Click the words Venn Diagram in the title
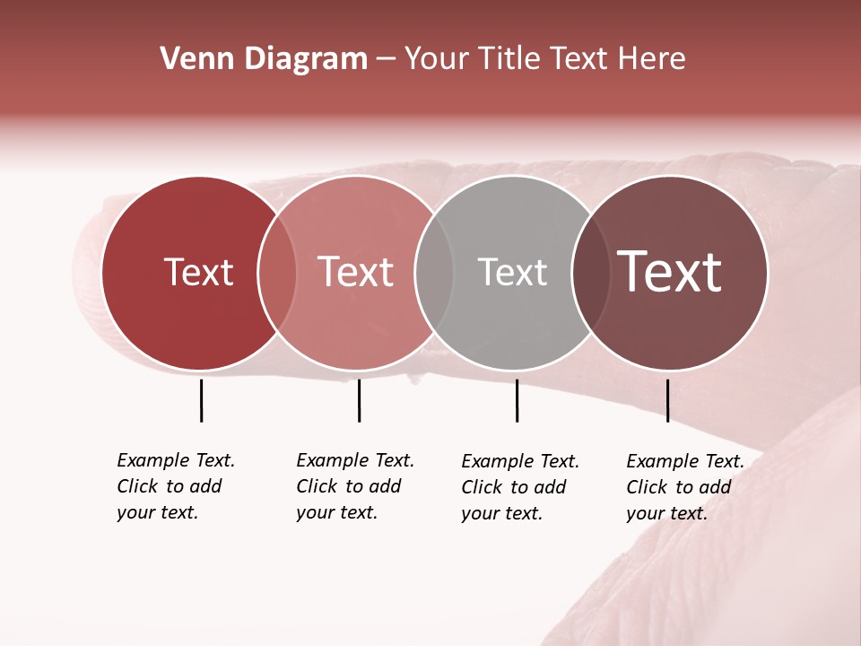264,59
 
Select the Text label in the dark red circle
198,273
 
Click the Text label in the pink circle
356,273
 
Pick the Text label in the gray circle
512,273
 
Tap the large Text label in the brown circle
670,273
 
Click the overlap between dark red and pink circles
277,273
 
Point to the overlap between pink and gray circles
434,273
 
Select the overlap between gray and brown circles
590,273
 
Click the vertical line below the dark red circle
201,400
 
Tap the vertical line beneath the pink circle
359,400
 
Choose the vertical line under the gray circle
517,400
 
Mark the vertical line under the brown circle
667,400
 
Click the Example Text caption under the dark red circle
176,460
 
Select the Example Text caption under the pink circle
355,460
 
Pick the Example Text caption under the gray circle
520,461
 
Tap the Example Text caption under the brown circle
685,461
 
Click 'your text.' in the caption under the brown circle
666,513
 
